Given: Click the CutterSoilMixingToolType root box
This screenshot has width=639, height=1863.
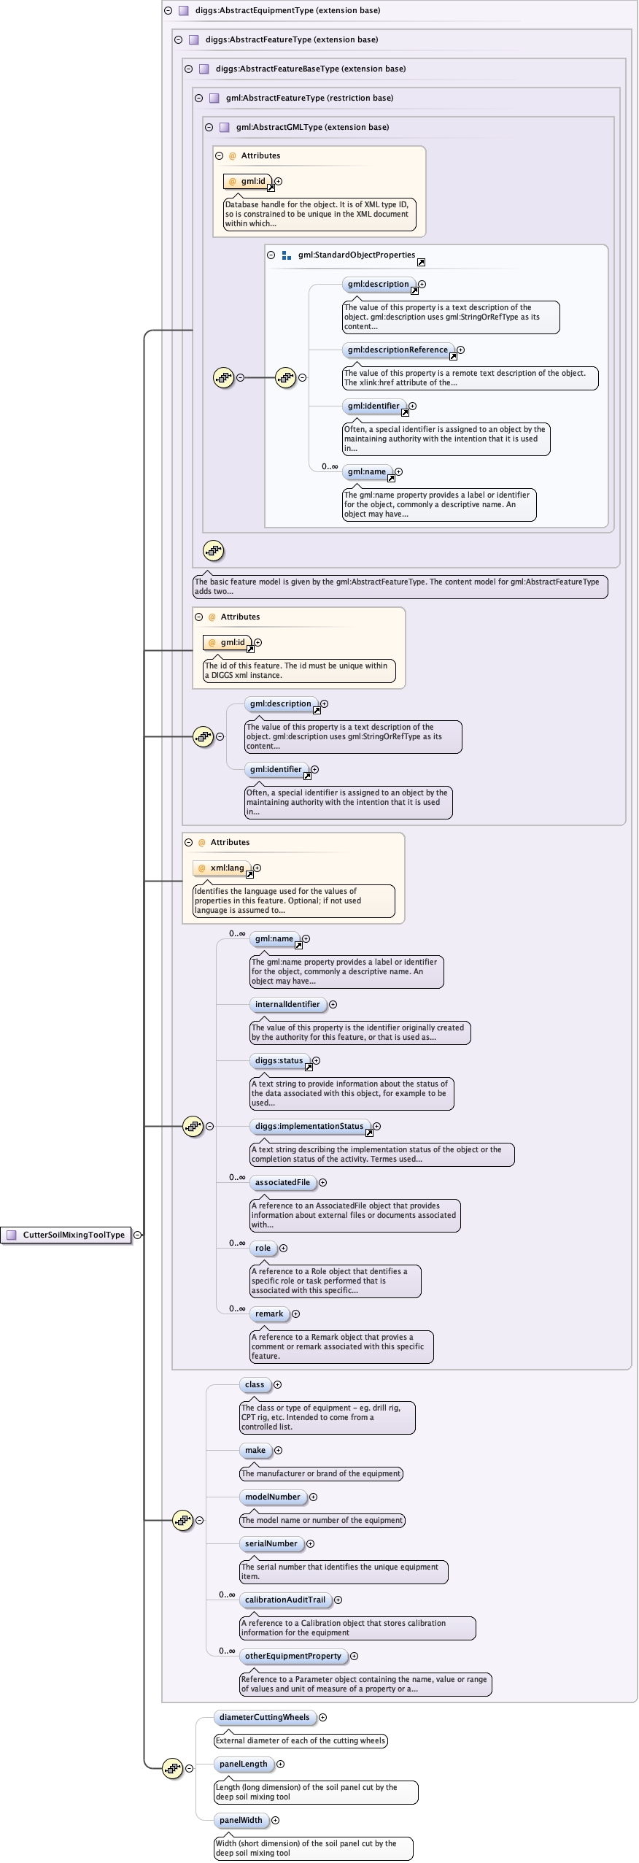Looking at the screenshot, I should point(67,1235).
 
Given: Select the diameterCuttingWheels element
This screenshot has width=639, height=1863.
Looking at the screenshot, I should point(264,1717).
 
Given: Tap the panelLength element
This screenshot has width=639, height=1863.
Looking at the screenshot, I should point(243,1764).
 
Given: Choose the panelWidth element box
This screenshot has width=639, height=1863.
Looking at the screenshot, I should point(241,1820).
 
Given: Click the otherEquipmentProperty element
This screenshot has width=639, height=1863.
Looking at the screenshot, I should point(293,1656).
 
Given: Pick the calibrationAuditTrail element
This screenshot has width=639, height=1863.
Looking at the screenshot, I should point(284,1600).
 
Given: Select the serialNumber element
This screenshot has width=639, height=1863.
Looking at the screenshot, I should point(271,1543).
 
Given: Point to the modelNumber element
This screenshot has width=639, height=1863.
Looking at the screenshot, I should point(272,1497).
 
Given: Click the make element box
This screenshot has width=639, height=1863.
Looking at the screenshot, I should point(255,1450).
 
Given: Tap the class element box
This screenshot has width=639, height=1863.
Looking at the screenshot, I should point(255,1384).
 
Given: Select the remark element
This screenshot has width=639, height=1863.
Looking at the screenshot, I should point(268,1314).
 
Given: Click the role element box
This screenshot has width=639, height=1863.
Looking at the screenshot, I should point(263,1248).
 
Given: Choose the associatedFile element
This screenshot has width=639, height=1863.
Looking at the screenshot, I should point(282,1182).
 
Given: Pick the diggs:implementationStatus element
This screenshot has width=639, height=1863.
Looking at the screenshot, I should point(309,1126).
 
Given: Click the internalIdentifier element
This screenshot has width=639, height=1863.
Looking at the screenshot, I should point(287,1004).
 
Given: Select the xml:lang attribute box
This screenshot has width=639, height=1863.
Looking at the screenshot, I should point(226,868).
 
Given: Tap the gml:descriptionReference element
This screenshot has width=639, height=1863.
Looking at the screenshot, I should point(398,350).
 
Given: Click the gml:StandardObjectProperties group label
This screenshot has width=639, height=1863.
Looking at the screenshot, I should point(356,255).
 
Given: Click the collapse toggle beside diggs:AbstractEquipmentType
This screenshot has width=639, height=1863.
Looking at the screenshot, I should point(168,10).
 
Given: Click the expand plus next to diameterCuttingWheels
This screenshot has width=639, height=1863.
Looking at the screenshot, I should point(322,1717).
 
